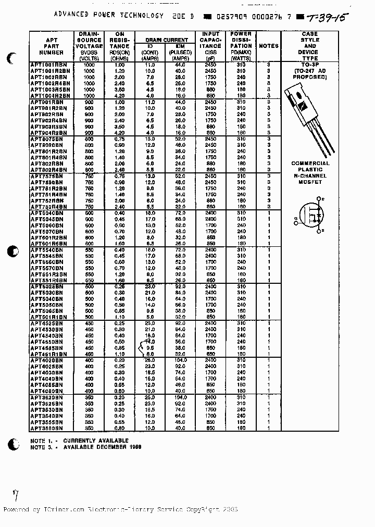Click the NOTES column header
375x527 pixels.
[269, 46]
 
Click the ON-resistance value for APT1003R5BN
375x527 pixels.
[119, 89]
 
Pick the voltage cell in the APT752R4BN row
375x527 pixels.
[90, 206]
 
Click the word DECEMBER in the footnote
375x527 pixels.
[114, 447]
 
